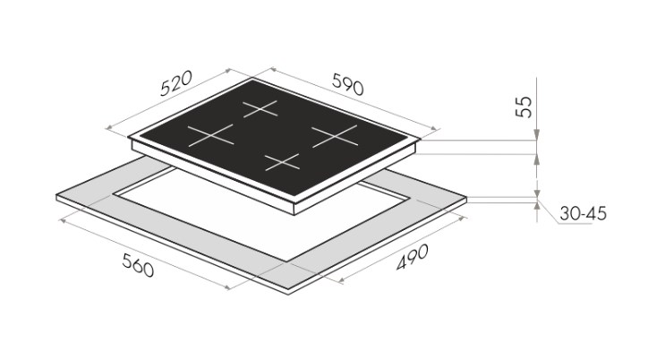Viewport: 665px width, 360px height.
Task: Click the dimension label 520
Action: click(176, 83)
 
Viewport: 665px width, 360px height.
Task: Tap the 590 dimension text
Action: click(348, 84)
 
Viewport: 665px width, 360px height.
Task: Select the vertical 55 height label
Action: click(524, 107)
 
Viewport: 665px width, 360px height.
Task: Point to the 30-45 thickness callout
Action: click(583, 213)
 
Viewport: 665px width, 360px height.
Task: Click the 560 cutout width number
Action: click(138, 265)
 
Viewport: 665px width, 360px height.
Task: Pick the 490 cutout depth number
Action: click(413, 257)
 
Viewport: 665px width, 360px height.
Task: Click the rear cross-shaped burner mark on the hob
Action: click(260, 108)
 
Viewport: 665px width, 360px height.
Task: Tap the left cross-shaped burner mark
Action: click(211, 135)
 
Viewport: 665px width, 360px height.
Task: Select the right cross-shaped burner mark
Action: click(335, 136)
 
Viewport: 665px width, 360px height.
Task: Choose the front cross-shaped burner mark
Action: click(283, 162)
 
